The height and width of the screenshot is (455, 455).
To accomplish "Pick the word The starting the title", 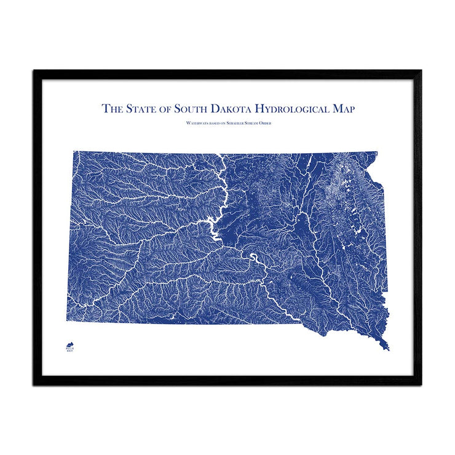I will [x=113, y=109].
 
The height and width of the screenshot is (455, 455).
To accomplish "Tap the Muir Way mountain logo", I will [x=69, y=346].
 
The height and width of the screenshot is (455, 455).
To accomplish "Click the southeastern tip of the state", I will [x=389, y=350].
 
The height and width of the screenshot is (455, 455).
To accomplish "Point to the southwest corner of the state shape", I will [x=66, y=321].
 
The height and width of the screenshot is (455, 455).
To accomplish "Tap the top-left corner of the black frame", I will [x=34, y=71].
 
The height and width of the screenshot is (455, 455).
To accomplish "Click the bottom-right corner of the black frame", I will [x=421, y=385].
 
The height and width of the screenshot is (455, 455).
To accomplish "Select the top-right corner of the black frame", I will [x=421, y=71].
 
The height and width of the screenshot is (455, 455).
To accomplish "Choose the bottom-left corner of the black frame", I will [x=34, y=385].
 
